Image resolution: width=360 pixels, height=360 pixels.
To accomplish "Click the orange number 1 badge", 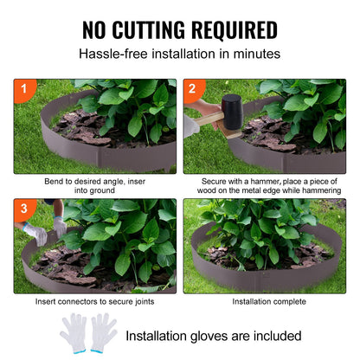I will (x=23, y=88).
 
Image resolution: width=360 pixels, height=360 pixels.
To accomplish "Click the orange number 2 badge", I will (x=194, y=88).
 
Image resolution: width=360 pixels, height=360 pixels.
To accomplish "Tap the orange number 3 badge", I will (x=23, y=209).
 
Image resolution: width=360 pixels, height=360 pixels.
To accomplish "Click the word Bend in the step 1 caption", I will (x=54, y=182).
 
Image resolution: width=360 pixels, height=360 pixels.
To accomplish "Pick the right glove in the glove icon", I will (x=103, y=331).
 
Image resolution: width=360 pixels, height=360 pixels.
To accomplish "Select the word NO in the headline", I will (x=97, y=29).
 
